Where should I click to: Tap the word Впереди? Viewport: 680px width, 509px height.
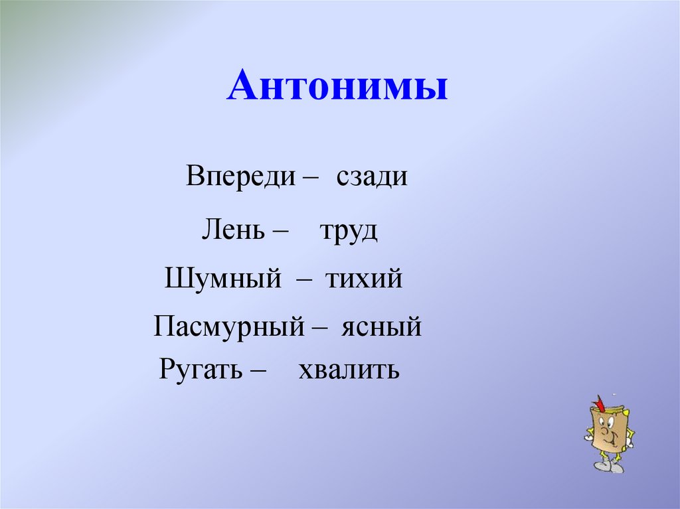pyautogui.click(x=240, y=177)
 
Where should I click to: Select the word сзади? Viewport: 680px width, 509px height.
pyautogui.click(x=371, y=177)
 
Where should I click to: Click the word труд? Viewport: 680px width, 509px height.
pyautogui.click(x=348, y=232)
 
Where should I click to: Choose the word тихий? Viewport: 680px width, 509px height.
pyautogui.click(x=364, y=279)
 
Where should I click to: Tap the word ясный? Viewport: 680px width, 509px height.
pyautogui.click(x=382, y=327)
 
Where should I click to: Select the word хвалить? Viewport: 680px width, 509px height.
pyautogui.click(x=349, y=368)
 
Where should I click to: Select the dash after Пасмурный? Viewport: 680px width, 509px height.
pyautogui.click(x=319, y=328)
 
